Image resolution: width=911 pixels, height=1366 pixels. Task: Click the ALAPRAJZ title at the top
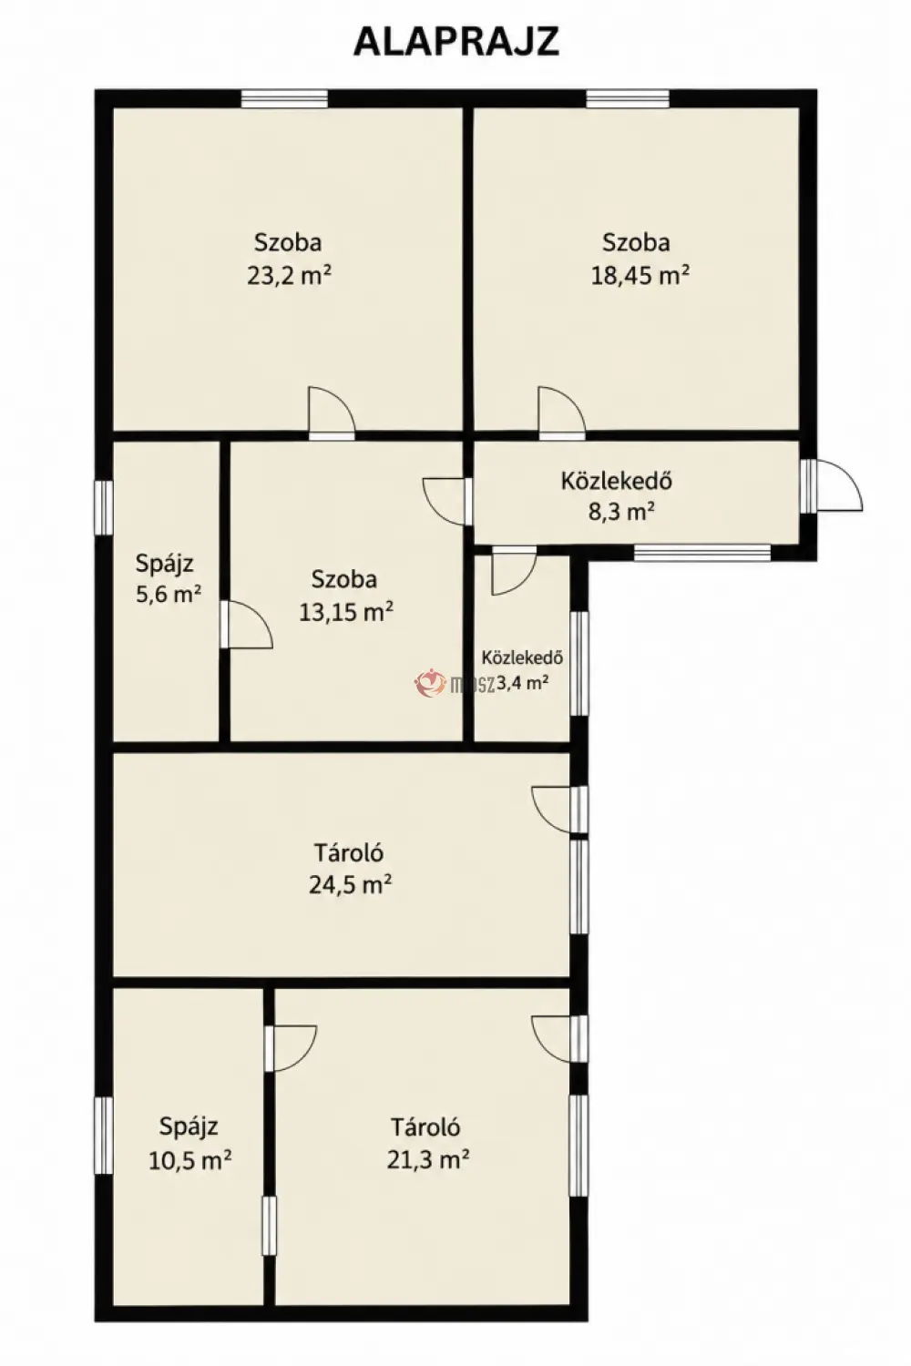click(455, 42)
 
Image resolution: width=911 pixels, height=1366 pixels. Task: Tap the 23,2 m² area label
click(289, 276)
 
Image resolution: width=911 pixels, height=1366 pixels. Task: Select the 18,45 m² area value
click(640, 276)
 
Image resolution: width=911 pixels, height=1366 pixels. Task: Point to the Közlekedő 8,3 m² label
click(617, 495)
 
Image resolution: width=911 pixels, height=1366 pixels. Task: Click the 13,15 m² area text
click(345, 611)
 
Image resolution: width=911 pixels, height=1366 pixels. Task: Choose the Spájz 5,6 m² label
click(168, 577)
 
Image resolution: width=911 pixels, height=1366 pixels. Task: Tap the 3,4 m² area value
click(522, 682)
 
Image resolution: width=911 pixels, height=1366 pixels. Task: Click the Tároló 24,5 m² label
click(350, 868)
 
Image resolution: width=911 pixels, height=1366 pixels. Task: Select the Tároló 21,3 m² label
click(427, 1142)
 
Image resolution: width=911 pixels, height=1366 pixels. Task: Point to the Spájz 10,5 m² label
click(189, 1142)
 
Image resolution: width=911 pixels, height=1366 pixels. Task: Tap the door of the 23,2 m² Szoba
click(332, 413)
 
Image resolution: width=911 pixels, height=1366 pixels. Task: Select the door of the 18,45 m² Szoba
click(561, 413)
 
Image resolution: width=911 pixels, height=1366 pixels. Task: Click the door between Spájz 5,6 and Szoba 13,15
click(246, 625)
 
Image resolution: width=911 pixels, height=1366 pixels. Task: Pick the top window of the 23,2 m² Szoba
click(284, 98)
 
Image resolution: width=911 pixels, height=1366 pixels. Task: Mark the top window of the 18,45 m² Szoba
click(628, 98)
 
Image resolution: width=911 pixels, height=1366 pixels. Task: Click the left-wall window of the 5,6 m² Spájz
click(104, 508)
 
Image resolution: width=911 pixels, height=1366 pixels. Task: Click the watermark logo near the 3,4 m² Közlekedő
click(430, 683)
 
